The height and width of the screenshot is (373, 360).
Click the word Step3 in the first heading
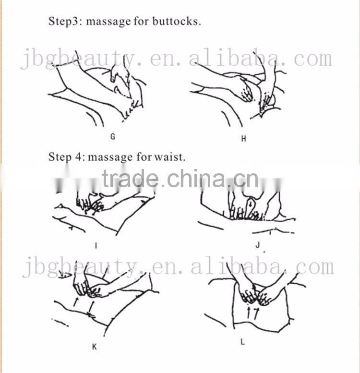[x=63, y=22]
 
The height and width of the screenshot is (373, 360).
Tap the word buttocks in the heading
[x=177, y=21]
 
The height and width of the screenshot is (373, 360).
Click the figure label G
[x=113, y=136]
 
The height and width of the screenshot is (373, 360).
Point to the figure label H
[x=243, y=139]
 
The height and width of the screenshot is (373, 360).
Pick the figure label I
[x=96, y=245]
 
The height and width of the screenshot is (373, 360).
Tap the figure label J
[x=258, y=245]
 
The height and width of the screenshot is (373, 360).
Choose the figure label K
[x=95, y=347]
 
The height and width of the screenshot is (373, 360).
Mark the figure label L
[x=242, y=342]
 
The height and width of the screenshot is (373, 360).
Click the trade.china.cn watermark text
[x=180, y=179]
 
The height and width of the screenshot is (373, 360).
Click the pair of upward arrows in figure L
[x=252, y=313]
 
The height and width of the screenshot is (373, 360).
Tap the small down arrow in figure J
[x=251, y=204]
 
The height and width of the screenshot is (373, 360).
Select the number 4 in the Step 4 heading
[x=78, y=157]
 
